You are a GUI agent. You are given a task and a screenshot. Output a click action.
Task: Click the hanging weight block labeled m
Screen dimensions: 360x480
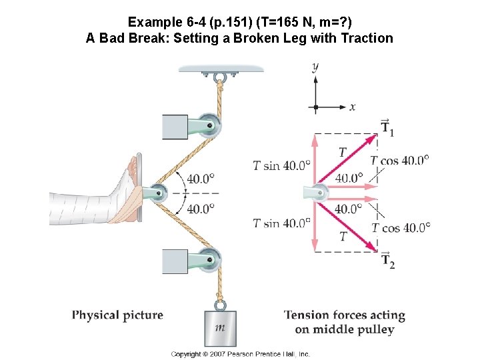click(x=220, y=327)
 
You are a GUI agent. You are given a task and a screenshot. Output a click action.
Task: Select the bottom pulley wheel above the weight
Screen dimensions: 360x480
click(x=213, y=259)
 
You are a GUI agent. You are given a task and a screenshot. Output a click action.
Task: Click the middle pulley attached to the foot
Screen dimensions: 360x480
click(x=157, y=193)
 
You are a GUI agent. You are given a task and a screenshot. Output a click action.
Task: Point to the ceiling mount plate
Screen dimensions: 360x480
click(x=221, y=67)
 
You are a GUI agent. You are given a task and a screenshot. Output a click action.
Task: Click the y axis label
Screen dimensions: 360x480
click(x=315, y=66)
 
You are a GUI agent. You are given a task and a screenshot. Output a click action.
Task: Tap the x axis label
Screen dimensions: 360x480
click(x=352, y=107)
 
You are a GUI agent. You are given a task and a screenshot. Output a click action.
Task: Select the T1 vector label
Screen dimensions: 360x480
click(x=387, y=127)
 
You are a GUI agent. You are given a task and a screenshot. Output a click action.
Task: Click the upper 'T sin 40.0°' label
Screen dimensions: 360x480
click(x=282, y=165)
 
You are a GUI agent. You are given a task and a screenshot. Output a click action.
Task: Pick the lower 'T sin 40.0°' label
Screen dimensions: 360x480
click(x=282, y=223)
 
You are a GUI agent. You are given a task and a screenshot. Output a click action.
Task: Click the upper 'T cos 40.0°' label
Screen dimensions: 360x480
click(x=400, y=160)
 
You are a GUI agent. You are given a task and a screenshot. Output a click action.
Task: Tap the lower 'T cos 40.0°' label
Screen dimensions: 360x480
click(x=401, y=227)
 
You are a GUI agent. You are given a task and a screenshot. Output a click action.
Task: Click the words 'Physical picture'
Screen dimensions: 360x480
click(x=117, y=315)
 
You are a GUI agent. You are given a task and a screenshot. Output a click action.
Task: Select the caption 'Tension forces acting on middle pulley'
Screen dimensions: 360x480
click(x=345, y=322)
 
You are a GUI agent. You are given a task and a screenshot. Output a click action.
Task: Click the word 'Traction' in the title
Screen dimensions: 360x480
click(x=367, y=38)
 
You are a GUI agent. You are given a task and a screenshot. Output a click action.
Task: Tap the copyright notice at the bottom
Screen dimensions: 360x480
click(x=240, y=354)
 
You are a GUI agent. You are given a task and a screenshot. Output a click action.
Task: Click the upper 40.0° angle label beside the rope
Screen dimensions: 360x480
click(x=201, y=178)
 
